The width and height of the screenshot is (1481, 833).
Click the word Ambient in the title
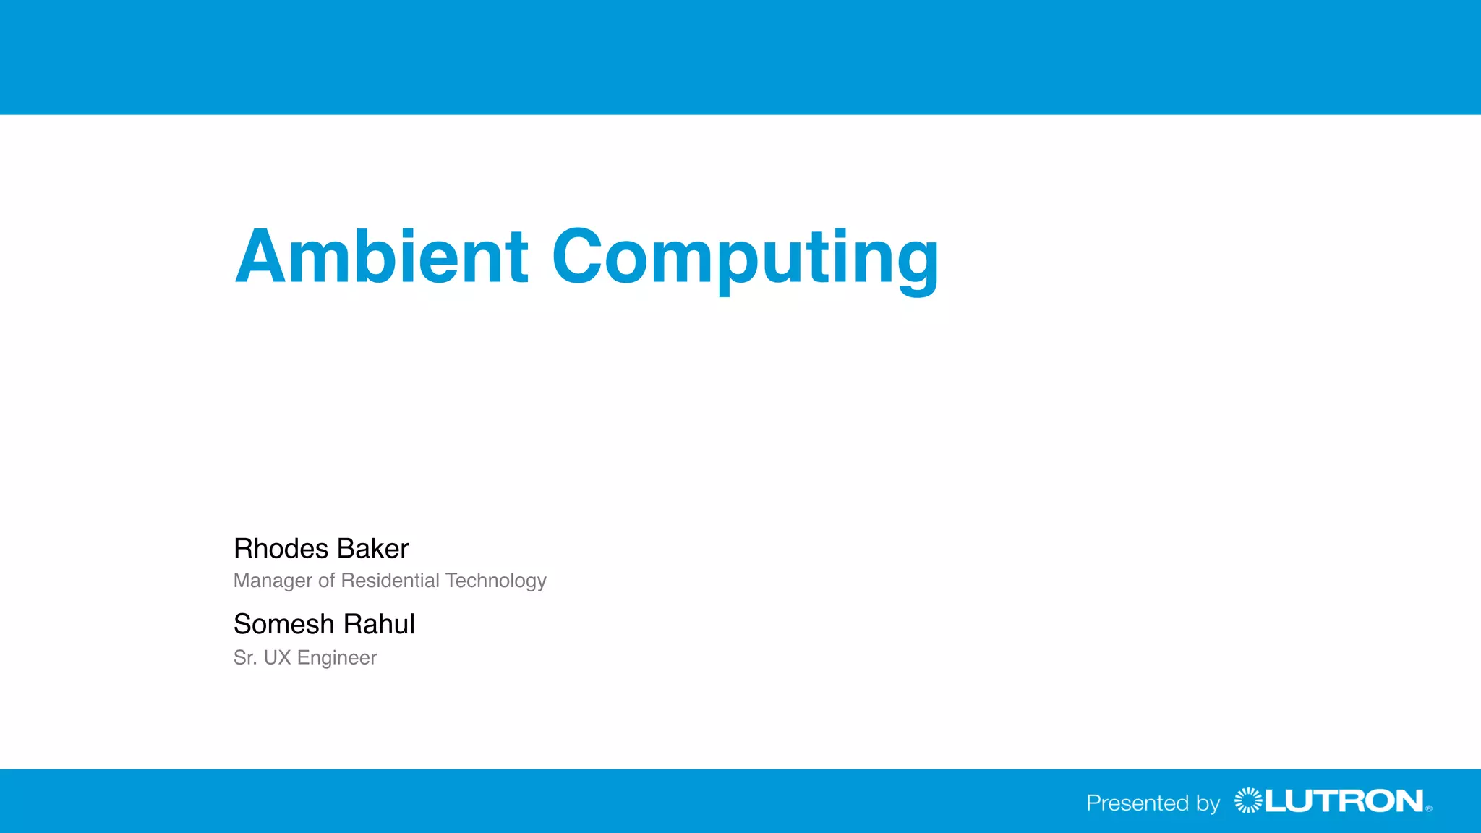pos(381,257)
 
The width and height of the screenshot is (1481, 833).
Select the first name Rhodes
pos(281,549)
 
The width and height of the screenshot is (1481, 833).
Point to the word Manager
pos(273,581)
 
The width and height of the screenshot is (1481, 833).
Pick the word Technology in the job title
pos(496,581)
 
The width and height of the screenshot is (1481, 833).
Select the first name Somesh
pos(283,624)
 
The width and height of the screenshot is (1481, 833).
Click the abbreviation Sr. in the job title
pos(244,657)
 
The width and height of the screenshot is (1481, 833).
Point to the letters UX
pos(277,657)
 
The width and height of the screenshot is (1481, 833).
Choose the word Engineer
pos(337,658)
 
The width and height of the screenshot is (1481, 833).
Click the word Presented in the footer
pos(1138,803)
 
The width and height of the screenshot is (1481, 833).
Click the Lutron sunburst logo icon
pos(1247,800)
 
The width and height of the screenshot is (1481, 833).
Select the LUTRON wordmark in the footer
pos(1344,801)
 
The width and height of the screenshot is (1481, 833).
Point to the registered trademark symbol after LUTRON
pos(1429,809)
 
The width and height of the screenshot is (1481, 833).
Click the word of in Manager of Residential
pos(326,581)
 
